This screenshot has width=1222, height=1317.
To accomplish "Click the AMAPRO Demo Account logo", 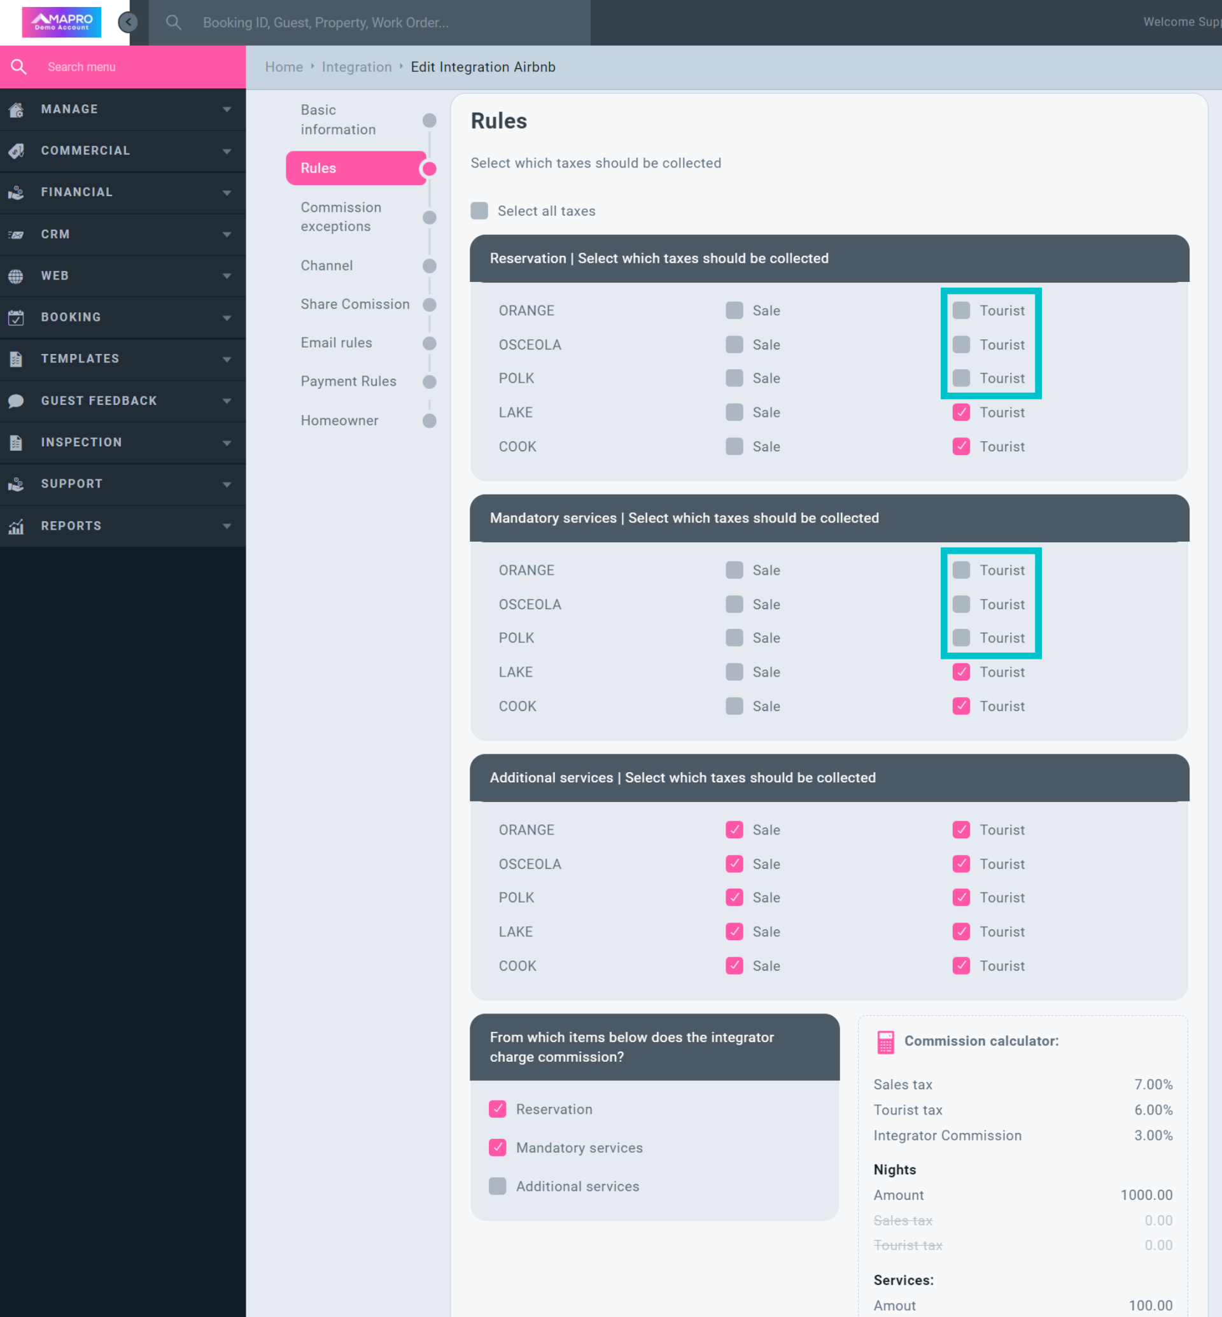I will (x=62, y=22).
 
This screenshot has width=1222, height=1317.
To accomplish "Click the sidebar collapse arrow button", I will (x=128, y=22).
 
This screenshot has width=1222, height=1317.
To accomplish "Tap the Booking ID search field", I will (x=370, y=22).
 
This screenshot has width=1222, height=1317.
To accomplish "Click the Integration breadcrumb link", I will (x=356, y=67).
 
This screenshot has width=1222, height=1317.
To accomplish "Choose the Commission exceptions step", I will (x=341, y=217).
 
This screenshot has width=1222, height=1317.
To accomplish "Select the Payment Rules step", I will (x=349, y=382).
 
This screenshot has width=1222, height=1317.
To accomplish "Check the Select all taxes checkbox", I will (x=479, y=211).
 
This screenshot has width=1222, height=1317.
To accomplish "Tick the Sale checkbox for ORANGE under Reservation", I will (x=734, y=311).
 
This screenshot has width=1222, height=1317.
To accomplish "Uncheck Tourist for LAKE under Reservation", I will (x=961, y=412).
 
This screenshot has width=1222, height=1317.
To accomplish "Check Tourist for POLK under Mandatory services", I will (x=961, y=638).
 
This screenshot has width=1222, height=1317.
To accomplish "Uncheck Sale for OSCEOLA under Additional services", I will (x=734, y=864).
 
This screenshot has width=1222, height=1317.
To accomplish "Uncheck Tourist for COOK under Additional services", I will (x=961, y=966).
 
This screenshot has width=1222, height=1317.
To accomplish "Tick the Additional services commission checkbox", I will (x=497, y=1187).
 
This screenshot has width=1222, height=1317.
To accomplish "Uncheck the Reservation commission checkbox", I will (x=497, y=1109).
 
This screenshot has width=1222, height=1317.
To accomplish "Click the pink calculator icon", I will (x=885, y=1042).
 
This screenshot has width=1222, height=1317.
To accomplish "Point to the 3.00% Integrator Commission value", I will (x=1153, y=1136).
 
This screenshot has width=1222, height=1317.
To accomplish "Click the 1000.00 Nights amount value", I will (x=1146, y=1195).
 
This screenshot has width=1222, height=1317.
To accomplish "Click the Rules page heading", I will (x=498, y=121).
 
